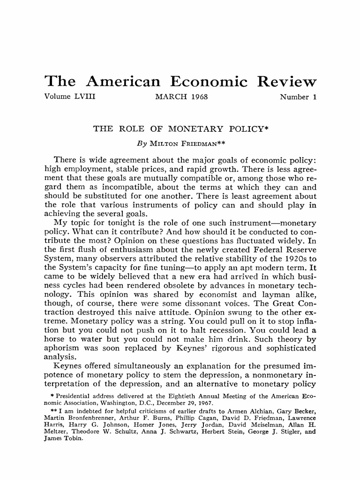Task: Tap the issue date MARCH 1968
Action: coord(181,97)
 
